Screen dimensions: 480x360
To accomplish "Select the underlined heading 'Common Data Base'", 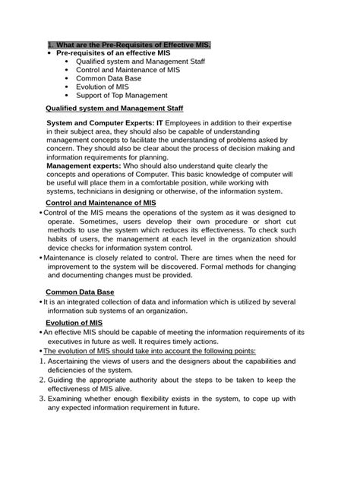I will pyautogui.click(x=80, y=292).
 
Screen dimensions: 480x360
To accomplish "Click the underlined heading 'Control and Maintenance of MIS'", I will pyautogui.click(x=101, y=204).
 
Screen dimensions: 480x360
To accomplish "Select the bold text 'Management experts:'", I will pyautogui.click(x=84, y=166).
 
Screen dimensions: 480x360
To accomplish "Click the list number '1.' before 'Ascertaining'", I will pyautogui.click(x=42, y=361).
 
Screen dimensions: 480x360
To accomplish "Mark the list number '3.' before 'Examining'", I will pyautogui.click(x=42, y=397).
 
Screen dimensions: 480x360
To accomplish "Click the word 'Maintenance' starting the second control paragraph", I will pyautogui.click(x=68, y=258).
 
